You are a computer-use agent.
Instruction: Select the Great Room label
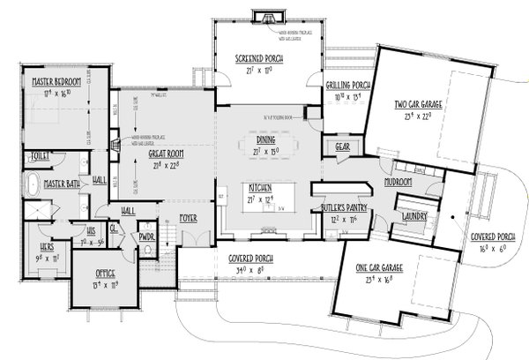pos(140,152)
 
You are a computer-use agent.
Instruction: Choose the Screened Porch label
pos(258,58)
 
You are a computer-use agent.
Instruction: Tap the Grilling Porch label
pos(346,86)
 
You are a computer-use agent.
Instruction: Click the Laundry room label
pos(413,215)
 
